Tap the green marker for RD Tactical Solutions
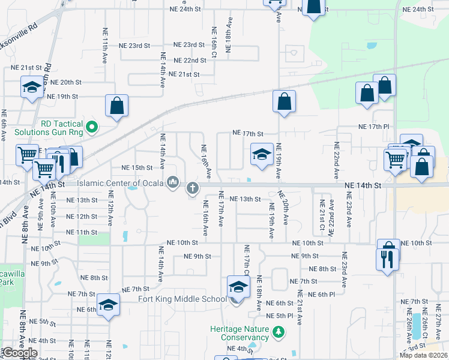coord(91,127)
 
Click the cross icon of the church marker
coord(193,188)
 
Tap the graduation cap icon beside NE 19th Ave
coord(261,155)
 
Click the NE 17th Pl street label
coord(374,127)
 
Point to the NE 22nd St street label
coord(187,61)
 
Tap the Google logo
coord(20,353)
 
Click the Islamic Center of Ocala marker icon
coord(173,182)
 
